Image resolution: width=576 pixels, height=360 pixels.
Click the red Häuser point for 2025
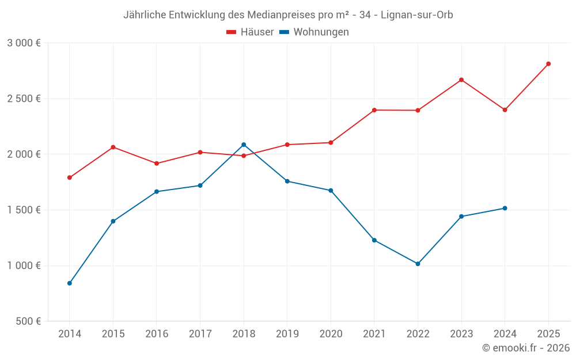[x=548, y=64]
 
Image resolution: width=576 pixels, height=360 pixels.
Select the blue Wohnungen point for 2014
[x=70, y=283]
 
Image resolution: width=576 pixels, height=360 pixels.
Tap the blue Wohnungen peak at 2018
[x=244, y=145]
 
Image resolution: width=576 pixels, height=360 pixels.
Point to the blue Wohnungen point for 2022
[x=418, y=264]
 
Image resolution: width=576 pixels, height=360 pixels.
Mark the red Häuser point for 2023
[x=461, y=80]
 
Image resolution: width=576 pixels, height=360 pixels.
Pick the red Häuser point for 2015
[x=113, y=147]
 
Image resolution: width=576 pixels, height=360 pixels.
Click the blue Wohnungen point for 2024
[x=505, y=208]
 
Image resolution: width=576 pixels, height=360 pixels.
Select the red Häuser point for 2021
[x=374, y=110]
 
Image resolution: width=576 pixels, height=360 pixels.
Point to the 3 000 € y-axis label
[x=24, y=43]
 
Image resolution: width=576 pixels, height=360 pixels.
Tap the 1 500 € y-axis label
[x=24, y=210]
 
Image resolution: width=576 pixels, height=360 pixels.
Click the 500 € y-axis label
[x=29, y=321]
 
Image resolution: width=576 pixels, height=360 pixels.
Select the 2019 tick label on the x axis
[x=287, y=334]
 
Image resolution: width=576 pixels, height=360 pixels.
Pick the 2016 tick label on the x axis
[x=157, y=334]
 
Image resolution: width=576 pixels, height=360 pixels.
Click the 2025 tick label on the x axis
[x=548, y=334]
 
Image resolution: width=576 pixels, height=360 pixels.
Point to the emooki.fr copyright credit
[x=526, y=348]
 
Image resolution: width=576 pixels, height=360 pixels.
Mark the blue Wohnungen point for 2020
[x=331, y=191]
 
